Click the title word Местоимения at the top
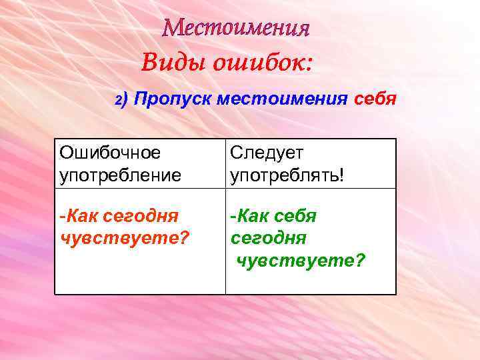click(237, 28)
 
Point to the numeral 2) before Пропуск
click(121, 100)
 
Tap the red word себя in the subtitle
click(375, 100)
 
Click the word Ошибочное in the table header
click(110, 153)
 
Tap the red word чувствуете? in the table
click(124, 237)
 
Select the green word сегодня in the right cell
click(269, 237)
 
